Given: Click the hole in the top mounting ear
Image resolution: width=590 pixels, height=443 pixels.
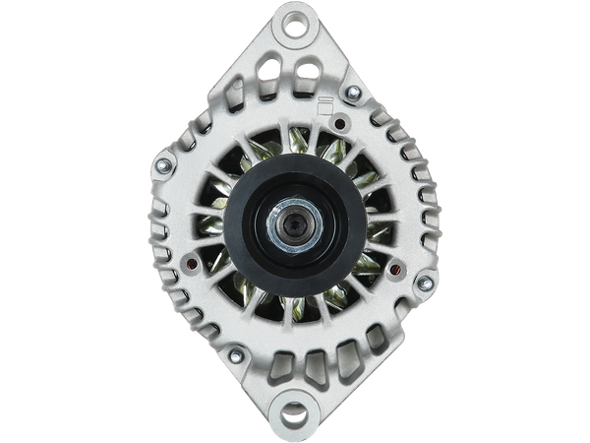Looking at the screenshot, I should coord(293,29).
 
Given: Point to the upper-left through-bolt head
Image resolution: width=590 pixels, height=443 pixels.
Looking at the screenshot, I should coord(164,155).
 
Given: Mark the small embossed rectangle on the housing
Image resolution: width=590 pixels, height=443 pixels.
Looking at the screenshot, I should coord(322,104).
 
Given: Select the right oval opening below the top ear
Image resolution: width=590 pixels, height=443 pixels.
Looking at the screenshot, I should coord(309,71).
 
